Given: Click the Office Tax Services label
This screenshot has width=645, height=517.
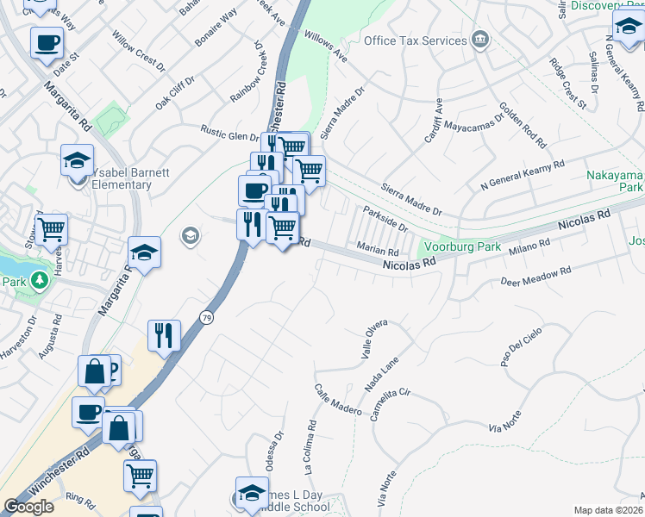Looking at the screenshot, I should click(413, 40).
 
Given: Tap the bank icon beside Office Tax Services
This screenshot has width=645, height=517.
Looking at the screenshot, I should click(480, 40).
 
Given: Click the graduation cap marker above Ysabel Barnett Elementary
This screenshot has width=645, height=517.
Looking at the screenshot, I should click(77, 161).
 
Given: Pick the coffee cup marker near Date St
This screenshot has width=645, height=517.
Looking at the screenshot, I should click(47, 42).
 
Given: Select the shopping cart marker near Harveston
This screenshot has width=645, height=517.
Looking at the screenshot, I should click(52, 229).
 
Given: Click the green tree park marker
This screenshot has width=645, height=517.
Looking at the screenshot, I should click(37, 280).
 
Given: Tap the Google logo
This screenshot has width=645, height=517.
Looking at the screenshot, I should click(28, 507).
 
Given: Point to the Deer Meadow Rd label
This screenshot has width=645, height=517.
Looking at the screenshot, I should click(536, 277).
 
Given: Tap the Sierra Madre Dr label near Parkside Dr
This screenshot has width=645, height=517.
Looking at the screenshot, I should click(412, 199).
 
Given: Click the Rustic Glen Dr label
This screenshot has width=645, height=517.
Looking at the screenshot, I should click(229, 135).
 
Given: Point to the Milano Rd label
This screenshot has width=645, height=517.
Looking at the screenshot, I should click(529, 249).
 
